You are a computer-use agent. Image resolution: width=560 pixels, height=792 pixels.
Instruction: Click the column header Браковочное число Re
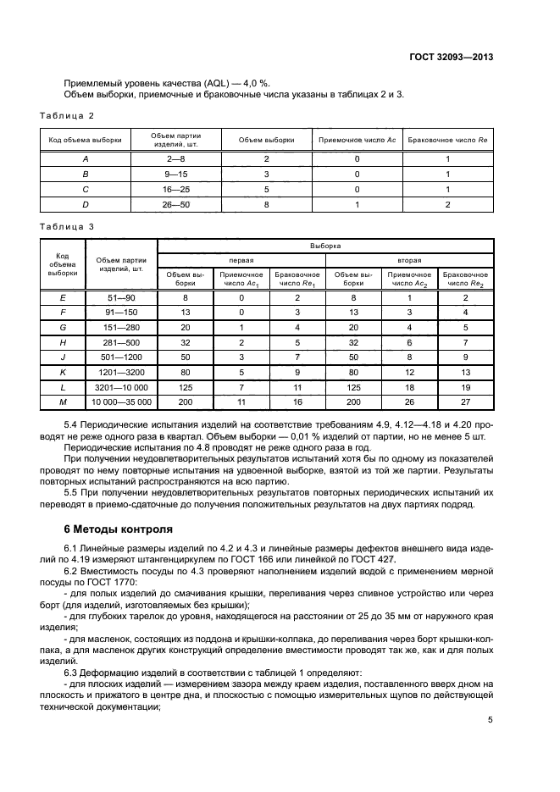click(448, 139)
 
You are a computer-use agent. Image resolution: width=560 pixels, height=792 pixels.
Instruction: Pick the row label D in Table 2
click(85, 205)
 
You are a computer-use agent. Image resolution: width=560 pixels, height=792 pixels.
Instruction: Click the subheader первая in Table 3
click(241, 260)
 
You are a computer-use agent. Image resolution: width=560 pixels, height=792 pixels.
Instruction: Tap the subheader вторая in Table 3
click(410, 260)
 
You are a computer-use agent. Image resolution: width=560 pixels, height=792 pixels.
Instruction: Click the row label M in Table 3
click(63, 402)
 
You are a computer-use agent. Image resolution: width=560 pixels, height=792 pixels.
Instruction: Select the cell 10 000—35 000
click(122, 402)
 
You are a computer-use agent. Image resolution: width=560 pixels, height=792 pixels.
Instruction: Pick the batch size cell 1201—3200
click(122, 371)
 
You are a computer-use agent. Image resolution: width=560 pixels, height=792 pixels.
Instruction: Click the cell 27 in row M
click(466, 402)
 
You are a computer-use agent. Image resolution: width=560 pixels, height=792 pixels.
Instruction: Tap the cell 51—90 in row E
click(122, 297)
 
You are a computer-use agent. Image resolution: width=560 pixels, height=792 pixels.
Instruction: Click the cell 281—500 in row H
click(122, 341)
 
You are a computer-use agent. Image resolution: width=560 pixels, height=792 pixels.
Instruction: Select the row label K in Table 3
click(63, 371)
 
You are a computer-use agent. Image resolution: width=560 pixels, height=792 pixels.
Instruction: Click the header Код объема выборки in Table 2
click(85, 139)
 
